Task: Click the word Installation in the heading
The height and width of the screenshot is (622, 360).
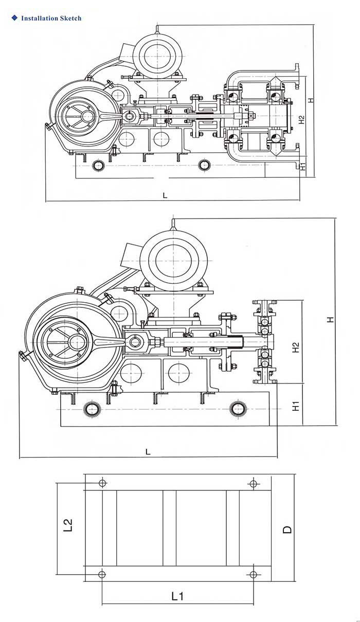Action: pos(40,19)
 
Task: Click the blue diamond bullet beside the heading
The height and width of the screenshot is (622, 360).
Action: pos(14,18)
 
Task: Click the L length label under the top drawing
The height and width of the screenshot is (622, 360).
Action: pos(165,195)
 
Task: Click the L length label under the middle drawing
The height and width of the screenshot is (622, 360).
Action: pos(148,452)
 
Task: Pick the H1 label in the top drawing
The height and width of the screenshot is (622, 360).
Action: pos(303,166)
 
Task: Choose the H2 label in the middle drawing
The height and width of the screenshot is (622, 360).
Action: pos(296,347)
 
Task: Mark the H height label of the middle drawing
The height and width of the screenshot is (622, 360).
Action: pos(330,320)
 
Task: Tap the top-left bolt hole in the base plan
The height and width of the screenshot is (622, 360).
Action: pos(102,483)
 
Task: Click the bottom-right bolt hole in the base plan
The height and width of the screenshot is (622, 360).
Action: pos(253,574)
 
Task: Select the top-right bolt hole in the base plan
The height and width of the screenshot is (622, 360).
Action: pos(253,483)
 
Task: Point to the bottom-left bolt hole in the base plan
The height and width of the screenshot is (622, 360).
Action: pos(102,574)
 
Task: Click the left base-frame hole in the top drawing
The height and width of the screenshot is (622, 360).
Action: pos(99,166)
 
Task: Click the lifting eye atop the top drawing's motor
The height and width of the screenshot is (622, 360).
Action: pos(157,30)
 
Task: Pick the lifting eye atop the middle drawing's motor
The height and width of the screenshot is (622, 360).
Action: pos(173,225)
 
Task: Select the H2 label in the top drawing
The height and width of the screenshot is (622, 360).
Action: pos(302,120)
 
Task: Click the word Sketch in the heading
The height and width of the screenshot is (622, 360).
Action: pos(71,19)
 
